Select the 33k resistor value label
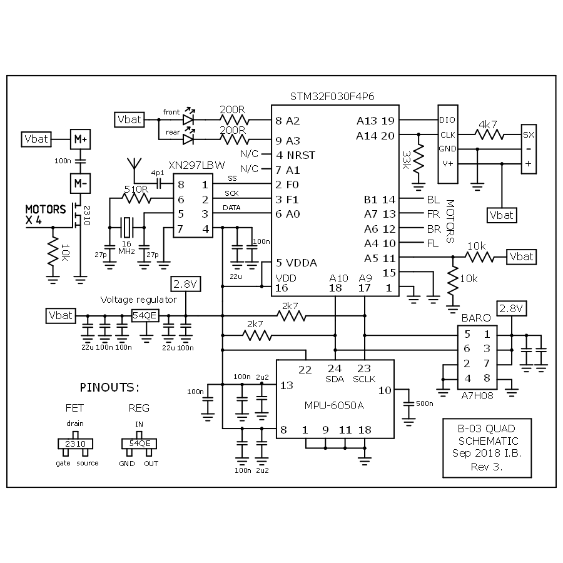(x=407, y=161)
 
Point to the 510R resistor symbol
(x=136, y=199)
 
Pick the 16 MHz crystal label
(x=127, y=246)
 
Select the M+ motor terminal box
(x=80, y=139)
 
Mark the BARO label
(x=475, y=318)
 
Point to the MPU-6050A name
(x=335, y=405)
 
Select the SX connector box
(x=529, y=134)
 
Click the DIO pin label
(x=447, y=119)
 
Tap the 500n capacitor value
(x=424, y=403)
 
